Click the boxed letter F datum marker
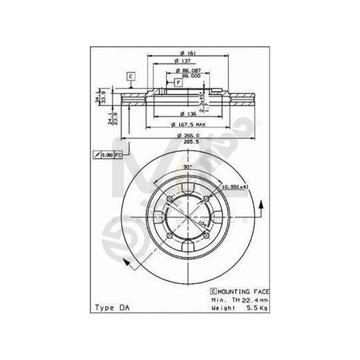[178, 82]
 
